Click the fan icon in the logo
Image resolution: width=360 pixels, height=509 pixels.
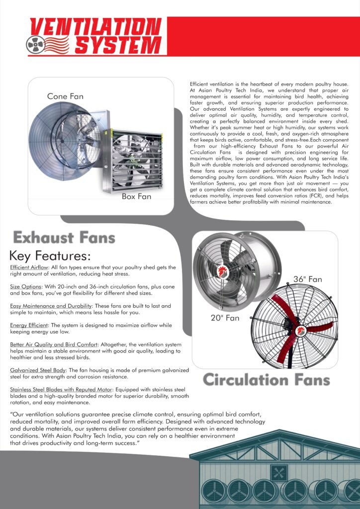coord(35,44)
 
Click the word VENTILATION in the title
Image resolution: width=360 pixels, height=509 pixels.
coord(95,26)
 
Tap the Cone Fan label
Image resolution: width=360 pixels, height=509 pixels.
coord(65,96)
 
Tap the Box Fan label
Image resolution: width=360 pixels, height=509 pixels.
coord(136,196)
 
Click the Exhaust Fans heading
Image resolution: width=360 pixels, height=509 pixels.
coord(64,238)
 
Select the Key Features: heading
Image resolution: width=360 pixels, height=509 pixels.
coord(50,256)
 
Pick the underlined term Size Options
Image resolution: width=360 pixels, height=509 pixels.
coord(25,287)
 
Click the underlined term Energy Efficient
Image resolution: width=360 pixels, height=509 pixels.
coord(28,325)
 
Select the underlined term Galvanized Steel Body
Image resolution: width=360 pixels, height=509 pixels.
coord(37,370)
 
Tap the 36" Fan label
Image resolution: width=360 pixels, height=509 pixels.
coord(307,279)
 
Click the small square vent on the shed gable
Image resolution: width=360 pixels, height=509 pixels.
coord(278,472)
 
